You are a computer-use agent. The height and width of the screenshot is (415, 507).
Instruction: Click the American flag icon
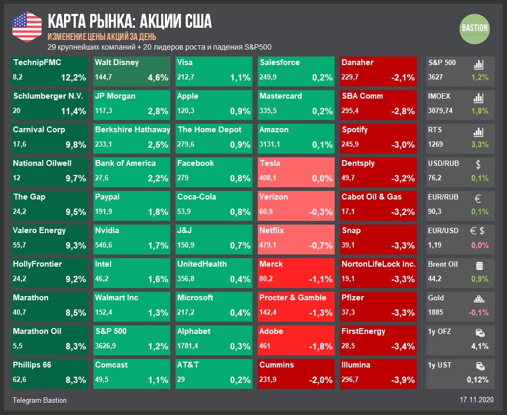point(27,27)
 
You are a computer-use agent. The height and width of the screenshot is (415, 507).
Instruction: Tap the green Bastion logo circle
point(474,28)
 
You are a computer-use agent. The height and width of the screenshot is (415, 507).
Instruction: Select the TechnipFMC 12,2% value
point(73,78)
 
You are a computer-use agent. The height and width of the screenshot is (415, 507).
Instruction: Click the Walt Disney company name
point(117,62)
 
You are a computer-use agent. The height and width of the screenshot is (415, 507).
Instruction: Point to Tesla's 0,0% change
point(322,179)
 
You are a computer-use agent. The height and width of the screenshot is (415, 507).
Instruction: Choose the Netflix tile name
point(272,230)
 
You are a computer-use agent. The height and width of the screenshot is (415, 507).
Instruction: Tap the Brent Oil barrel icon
point(479,265)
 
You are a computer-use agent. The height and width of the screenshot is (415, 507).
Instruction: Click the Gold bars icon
point(479,299)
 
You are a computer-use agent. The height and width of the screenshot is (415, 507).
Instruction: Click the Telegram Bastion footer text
point(39,400)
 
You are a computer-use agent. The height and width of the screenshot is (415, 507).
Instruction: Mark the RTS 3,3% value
point(480,145)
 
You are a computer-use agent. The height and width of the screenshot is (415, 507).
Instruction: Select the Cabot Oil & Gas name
point(371,197)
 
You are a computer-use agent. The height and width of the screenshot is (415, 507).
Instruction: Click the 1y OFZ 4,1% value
point(480,346)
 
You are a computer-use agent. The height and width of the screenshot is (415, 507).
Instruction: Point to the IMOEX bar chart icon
point(479,98)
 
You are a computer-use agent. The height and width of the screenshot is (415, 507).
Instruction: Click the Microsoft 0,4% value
point(240,313)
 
